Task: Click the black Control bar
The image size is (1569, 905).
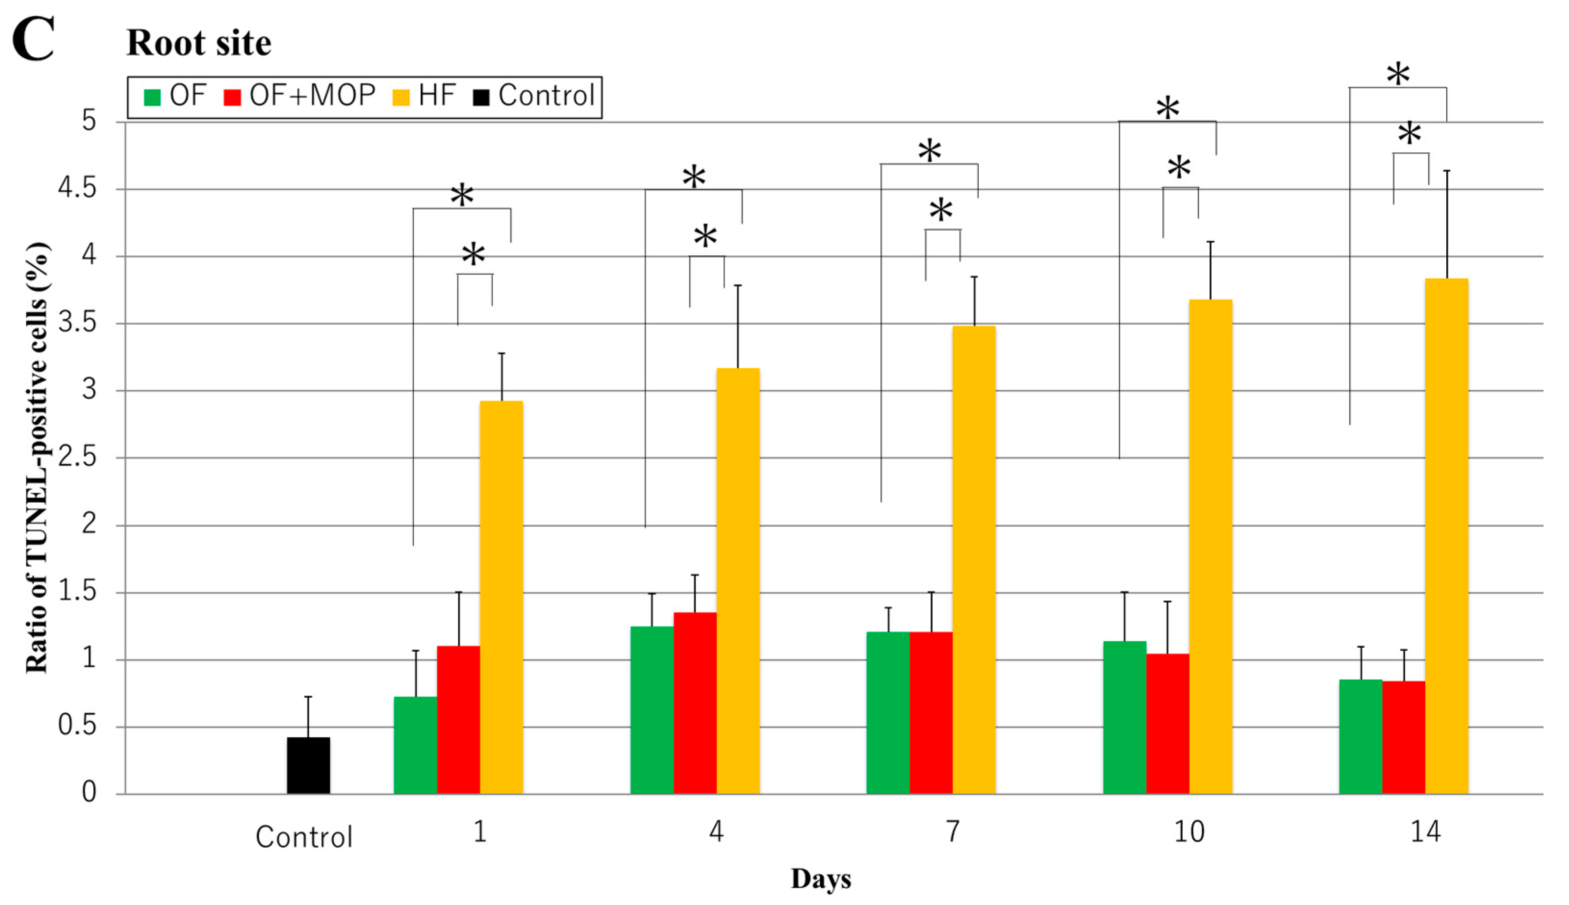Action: (308, 765)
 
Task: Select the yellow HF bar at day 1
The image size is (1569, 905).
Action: (501, 597)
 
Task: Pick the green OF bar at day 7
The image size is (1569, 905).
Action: (887, 712)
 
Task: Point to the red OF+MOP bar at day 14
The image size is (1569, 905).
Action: (1404, 737)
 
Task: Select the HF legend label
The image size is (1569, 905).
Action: (437, 96)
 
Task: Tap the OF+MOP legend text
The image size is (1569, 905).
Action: (312, 96)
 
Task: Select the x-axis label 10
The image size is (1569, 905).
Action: (1189, 831)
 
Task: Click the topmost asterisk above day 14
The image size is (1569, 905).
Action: (1397, 74)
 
